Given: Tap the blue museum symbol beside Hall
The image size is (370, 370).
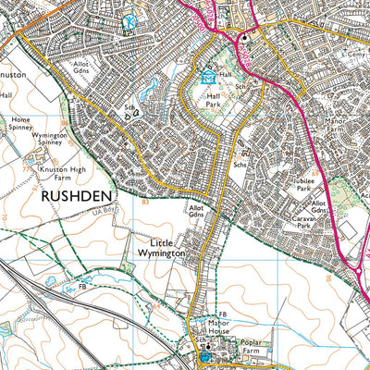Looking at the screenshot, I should (208, 77).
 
